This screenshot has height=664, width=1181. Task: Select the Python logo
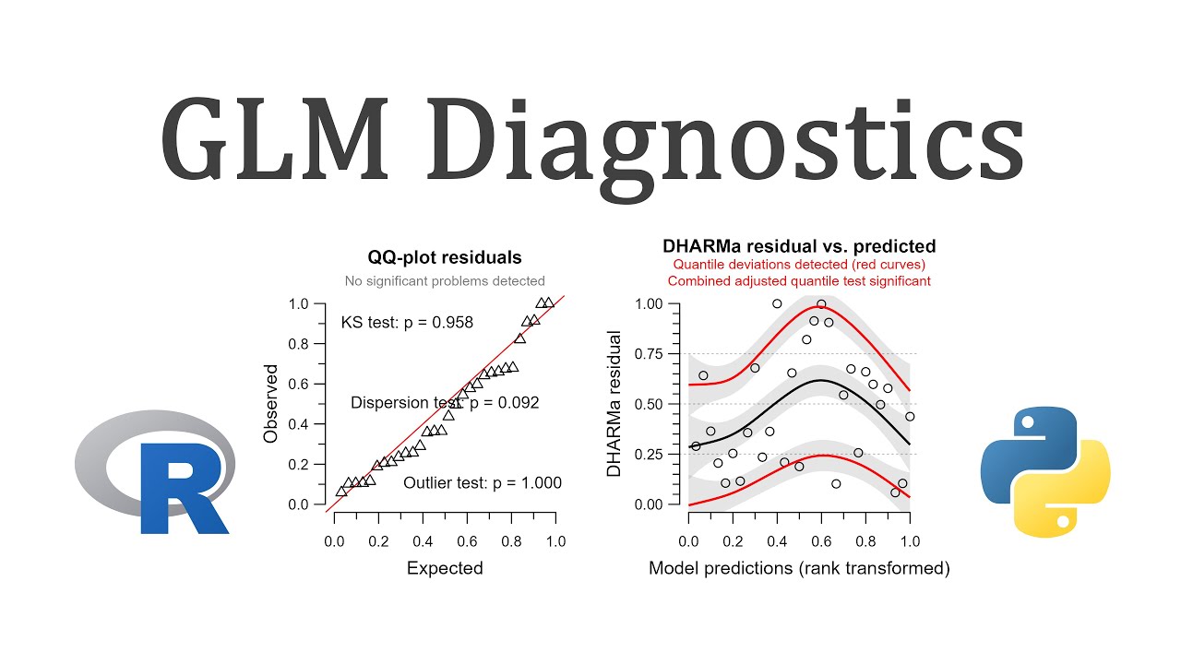tap(1044, 473)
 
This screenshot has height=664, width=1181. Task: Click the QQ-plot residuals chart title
tap(445, 257)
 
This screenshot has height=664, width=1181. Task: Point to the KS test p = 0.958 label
tap(407, 323)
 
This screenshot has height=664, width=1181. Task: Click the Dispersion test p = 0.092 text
tap(445, 403)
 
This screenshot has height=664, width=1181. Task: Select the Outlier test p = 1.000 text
tap(483, 483)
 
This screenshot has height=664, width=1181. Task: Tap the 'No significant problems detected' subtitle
tap(445, 281)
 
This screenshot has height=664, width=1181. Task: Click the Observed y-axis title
tap(271, 403)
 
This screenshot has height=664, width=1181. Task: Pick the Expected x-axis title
tap(445, 568)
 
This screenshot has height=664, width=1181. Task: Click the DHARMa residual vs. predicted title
tap(799, 246)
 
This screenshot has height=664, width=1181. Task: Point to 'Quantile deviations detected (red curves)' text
tap(799, 265)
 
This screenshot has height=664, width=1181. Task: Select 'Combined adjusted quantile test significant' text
tap(799, 281)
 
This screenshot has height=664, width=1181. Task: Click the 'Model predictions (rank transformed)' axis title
tap(799, 568)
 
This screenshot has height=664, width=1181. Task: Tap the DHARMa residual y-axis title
tap(614, 403)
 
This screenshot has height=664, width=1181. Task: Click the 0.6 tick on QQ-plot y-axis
tap(299, 384)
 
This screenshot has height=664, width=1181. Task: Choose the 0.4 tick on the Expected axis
tap(423, 541)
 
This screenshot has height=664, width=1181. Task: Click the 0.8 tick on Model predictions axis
tap(865, 541)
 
